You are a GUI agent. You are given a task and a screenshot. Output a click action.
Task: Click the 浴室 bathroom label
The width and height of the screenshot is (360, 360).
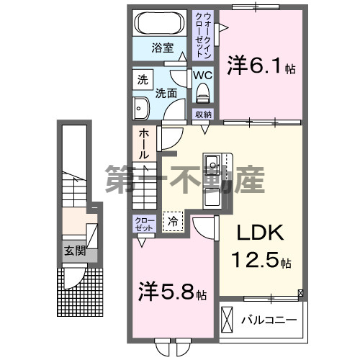[162, 48]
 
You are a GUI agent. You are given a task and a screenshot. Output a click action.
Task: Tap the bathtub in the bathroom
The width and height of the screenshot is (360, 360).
[161, 22]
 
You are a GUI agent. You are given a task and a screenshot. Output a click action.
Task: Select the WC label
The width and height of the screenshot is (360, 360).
[202, 74]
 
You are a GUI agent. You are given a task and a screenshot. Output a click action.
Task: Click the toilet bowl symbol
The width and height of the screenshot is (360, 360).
[202, 92]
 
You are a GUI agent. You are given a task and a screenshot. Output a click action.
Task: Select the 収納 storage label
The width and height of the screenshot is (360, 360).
[202, 114]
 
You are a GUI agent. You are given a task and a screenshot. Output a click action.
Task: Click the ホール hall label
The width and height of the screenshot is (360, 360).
[143, 144]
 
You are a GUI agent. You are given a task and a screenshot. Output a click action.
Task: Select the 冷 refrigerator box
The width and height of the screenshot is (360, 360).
[173, 222]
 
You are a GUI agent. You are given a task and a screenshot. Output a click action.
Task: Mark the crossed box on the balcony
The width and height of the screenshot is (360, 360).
[228, 319]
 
